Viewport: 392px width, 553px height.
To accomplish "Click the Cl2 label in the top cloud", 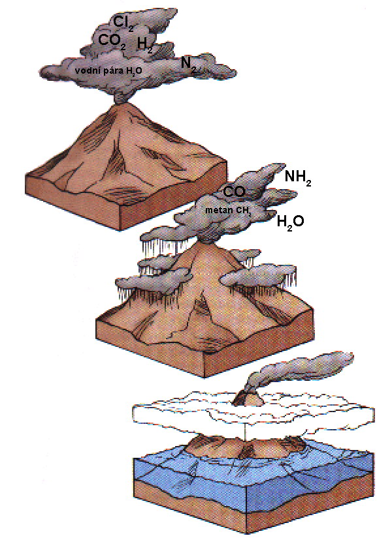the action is [123, 23].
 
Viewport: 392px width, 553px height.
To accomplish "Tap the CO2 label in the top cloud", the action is [112, 42].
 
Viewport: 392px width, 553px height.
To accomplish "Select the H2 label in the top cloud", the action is [145, 46].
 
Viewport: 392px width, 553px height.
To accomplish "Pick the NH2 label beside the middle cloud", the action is [298, 177].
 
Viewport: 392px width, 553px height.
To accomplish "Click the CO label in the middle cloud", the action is [234, 192].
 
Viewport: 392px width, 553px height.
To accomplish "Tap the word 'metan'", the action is [214, 210].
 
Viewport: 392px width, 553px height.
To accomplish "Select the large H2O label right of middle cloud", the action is [290, 222].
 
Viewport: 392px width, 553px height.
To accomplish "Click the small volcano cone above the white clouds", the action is [248, 398].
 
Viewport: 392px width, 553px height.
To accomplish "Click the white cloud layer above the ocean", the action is [253, 413].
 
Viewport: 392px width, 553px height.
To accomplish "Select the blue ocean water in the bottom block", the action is [253, 476].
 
